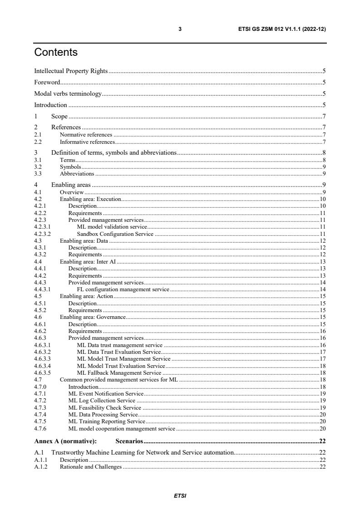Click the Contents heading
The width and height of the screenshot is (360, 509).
(x=56, y=52)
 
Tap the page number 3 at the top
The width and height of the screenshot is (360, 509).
(x=180, y=29)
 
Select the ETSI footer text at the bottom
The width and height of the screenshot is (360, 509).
(x=180, y=495)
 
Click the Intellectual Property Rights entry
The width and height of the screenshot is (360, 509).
(x=71, y=71)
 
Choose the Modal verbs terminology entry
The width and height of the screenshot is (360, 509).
(x=68, y=94)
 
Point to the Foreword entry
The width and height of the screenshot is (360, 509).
(x=47, y=82)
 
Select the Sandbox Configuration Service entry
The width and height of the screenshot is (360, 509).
(x=115, y=234)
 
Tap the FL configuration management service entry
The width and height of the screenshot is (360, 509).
(x=123, y=289)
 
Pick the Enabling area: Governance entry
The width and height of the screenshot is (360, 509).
(x=93, y=317)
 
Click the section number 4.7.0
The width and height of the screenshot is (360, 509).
(x=40, y=387)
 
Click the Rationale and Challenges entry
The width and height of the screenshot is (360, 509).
(x=91, y=467)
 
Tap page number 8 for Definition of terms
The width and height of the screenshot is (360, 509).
(x=324, y=153)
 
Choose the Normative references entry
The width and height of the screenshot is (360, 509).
(x=86, y=135)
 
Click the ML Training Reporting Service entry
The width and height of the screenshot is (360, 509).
(x=107, y=421)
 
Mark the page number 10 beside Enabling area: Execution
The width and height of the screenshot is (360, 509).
(x=323, y=199)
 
